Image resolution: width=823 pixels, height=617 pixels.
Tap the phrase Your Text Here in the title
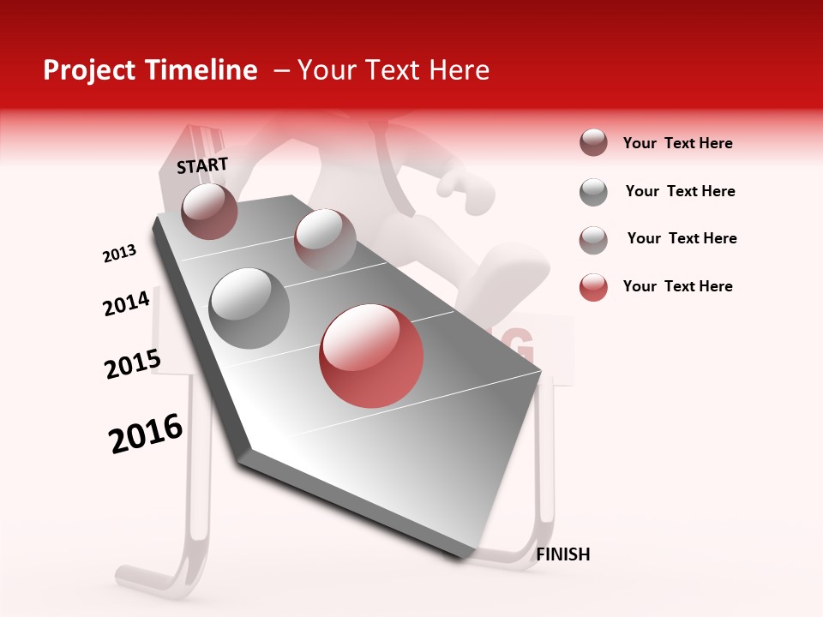393,70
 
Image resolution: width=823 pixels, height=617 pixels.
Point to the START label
202,165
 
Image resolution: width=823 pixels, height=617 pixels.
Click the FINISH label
562,554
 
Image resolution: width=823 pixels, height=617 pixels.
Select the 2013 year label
119,254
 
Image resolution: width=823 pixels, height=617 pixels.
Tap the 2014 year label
126,303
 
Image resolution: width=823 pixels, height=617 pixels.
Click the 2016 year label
146,434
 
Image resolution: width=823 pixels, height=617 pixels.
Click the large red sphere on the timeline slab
371,356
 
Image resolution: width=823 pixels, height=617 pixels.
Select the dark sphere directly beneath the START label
209,211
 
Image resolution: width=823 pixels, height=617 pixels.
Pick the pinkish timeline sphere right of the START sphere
325,239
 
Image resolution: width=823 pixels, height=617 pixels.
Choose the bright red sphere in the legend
593,287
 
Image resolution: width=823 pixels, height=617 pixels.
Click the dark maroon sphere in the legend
593,143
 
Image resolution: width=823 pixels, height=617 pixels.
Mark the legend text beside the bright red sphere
677,286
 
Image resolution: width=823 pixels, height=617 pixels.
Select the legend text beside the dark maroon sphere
677,143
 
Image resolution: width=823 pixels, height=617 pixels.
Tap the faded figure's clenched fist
460,189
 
